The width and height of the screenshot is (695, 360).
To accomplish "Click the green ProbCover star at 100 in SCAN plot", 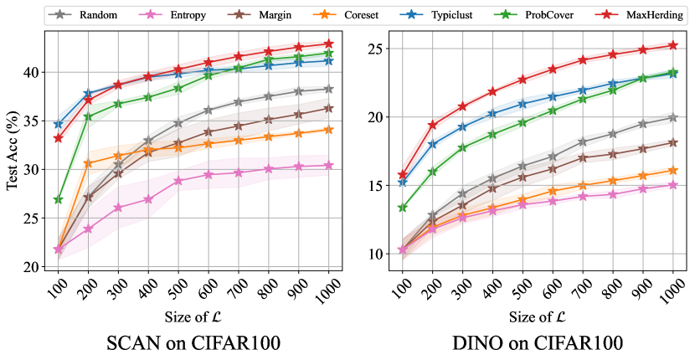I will (x=58, y=199).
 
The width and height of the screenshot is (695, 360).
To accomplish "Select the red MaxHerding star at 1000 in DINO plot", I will (x=672, y=45).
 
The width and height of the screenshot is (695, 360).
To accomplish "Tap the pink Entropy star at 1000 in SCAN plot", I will (x=329, y=165).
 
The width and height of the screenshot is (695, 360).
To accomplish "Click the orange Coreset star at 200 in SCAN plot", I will (x=88, y=163).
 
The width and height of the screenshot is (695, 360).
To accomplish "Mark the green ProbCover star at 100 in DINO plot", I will (x=402, y=207).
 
